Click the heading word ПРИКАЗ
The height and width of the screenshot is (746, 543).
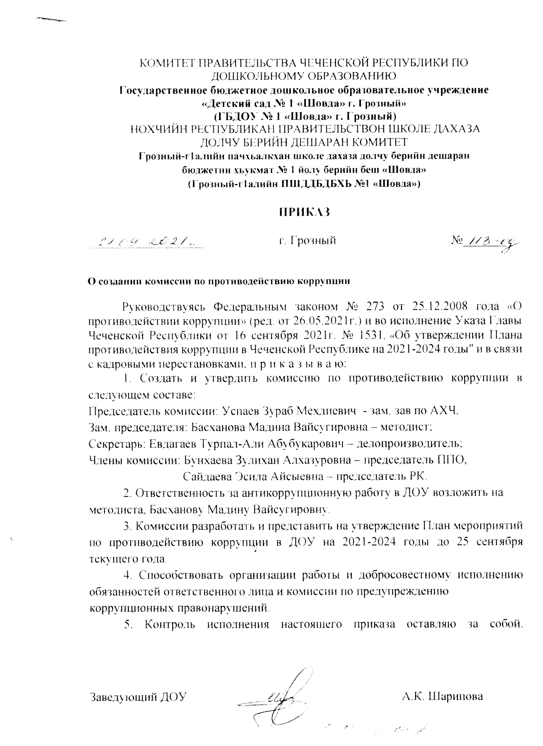(x=304, y=212)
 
